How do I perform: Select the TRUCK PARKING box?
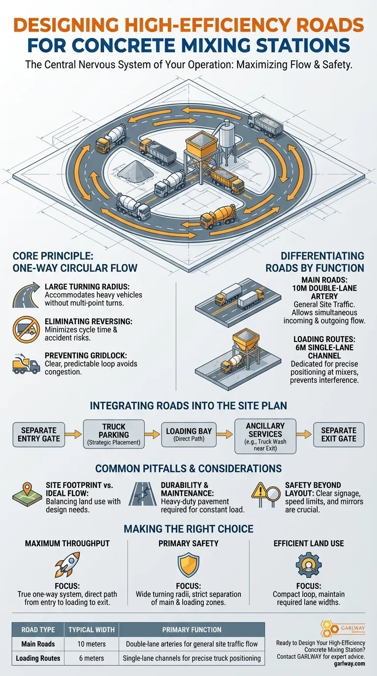point(114,433)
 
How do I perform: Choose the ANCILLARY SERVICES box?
point(265,433)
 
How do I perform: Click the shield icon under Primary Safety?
point(188,564)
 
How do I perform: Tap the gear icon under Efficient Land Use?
point(308,564)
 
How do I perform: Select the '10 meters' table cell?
point(91,644)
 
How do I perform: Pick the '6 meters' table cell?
point(91,658)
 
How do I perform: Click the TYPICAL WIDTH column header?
point(91,629)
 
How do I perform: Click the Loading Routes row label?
point(37,658)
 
